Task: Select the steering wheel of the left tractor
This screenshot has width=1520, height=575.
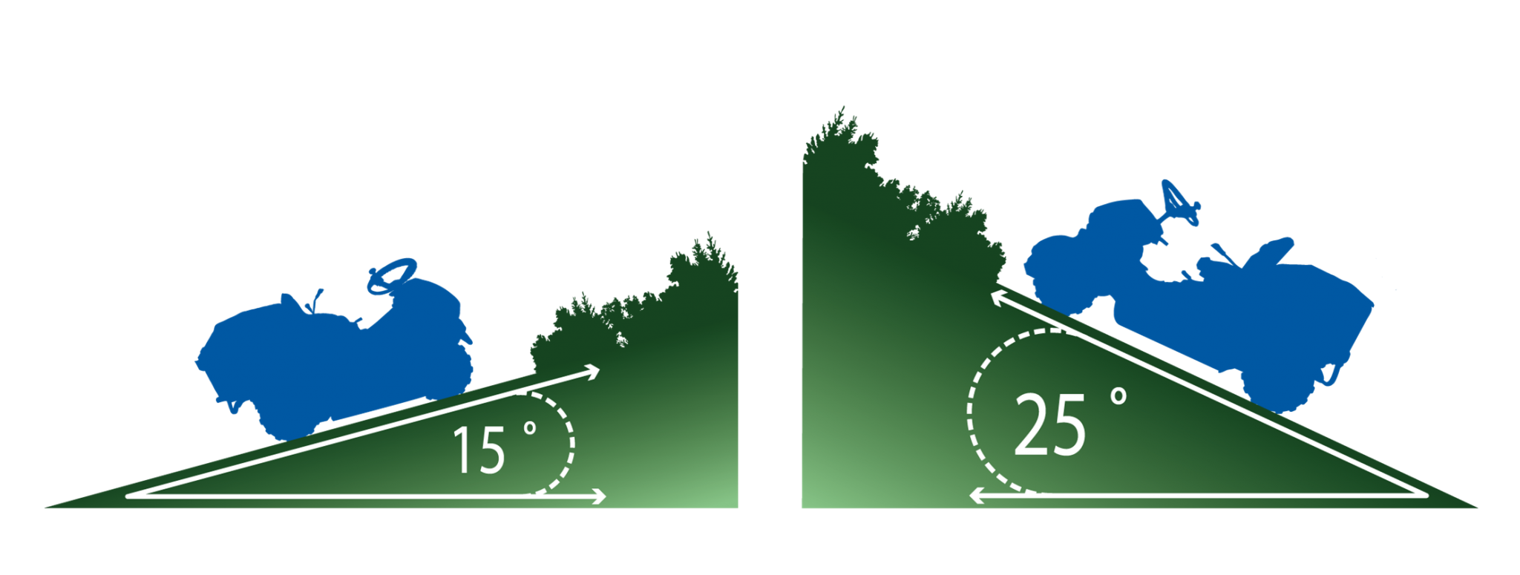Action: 391,276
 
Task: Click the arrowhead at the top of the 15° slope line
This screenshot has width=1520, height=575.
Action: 591,372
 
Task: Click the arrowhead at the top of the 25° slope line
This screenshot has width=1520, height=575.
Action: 1002,299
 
